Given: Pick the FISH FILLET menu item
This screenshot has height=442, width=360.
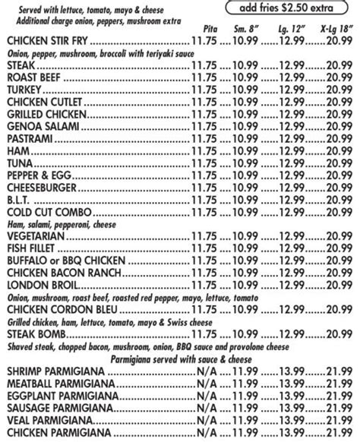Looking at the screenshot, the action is tap(31, 248).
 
